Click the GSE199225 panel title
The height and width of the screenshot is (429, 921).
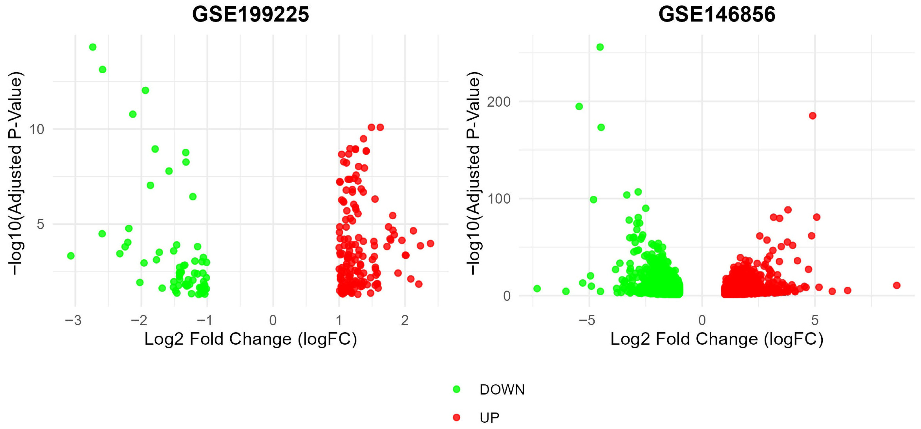click(250, 15)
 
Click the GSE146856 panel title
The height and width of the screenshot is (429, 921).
click(717, 15)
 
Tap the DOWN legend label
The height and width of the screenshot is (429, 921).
click(502, 390)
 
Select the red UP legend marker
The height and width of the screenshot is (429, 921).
click(457, 417)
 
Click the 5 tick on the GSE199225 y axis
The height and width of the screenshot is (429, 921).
click(40, 224)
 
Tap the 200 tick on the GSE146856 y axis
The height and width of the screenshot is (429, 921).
click(499, 102)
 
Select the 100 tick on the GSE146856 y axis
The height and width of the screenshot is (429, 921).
click(499, 199)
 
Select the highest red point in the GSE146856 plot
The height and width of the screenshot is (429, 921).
click(813, 116)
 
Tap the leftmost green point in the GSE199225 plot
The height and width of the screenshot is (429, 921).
click(71, 256)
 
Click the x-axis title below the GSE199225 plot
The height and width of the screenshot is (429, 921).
click(250, 339)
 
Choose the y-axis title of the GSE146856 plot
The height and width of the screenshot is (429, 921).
click(474, 173)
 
